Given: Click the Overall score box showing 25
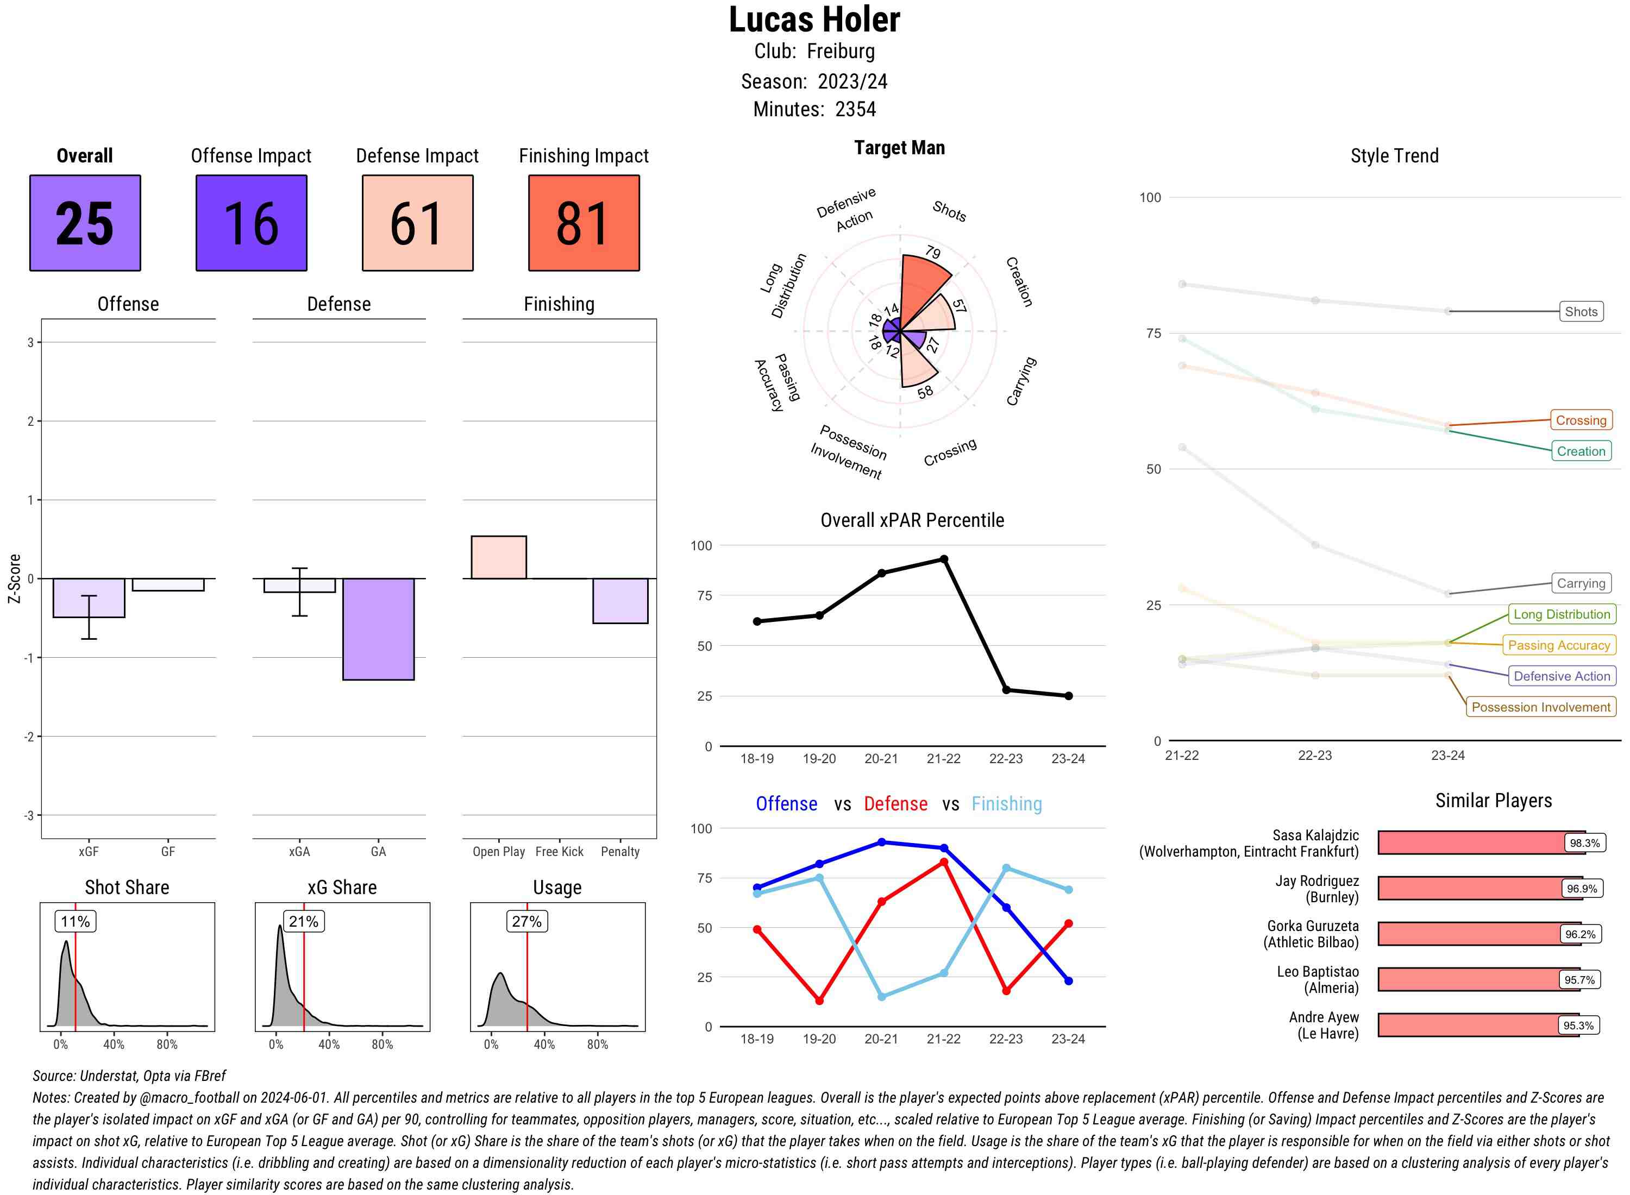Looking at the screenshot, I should [x=85, y=223].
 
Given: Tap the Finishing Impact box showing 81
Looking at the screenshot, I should [x=584, y=223].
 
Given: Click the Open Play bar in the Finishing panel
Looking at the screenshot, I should [x=498, y=557].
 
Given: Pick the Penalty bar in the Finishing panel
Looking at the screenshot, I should [x=620, y=600].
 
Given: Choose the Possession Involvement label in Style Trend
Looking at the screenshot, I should [x=1540, y=707].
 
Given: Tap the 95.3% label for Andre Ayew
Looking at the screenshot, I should [x=1578, y=1025].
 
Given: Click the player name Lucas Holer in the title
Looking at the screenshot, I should [x=814, y=20].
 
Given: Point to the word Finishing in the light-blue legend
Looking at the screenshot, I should [x=1006, y=804].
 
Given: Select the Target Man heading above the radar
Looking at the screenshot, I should [x=899, y=148].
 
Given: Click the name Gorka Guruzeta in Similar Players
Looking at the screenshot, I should [x=1312, y=926].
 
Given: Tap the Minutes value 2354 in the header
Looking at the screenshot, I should [x=855, y=109].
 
